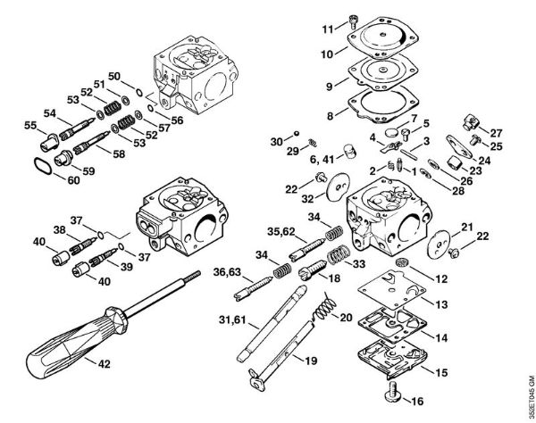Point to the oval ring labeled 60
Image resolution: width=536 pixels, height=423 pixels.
pos(43,167)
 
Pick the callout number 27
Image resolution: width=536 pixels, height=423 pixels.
pos(496,132)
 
